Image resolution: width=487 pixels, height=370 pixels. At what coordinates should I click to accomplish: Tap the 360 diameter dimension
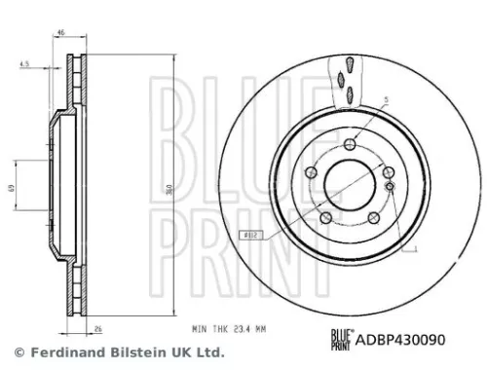(x=171, y=190)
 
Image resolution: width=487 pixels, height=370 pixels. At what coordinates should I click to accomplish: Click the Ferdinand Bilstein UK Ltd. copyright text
(x=115, y=352)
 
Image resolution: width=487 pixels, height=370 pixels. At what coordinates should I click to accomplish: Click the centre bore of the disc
(x=350, y=182)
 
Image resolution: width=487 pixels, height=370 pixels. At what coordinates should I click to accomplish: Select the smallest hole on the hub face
(x=389, y=185)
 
